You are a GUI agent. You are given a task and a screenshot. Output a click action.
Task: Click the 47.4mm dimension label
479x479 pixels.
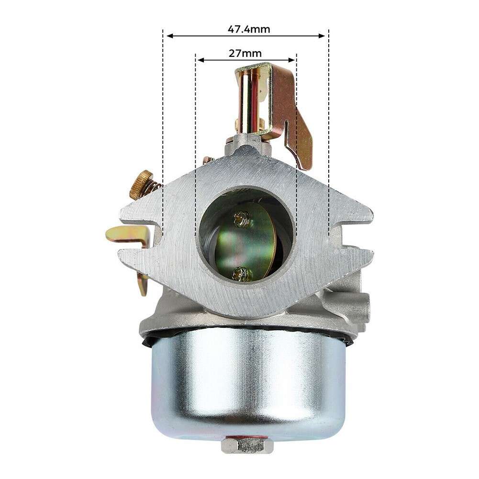(x=248, y=29)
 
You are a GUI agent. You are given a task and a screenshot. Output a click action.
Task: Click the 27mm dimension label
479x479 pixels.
(x=245, y=53)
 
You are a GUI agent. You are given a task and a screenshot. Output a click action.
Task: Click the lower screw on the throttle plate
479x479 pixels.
(x=242, y=273)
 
